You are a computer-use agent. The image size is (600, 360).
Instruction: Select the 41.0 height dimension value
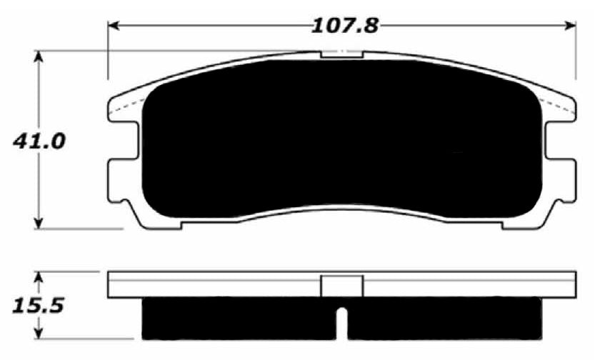(x=40, y=141)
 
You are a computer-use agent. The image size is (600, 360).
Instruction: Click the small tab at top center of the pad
(x=342, y=54)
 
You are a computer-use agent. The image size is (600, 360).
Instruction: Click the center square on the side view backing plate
(x=342, y=286)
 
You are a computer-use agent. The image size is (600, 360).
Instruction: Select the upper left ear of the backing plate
(x=121, y=108)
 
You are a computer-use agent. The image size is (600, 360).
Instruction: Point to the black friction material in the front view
(x=342, y=143)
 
